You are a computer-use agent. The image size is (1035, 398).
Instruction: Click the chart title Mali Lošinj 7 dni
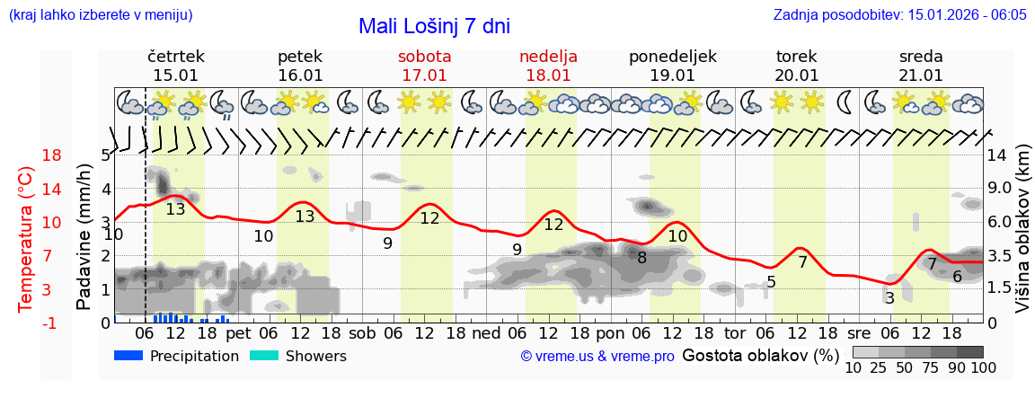point(434,26)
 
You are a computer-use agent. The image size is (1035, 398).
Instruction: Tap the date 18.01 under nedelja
point(548,75)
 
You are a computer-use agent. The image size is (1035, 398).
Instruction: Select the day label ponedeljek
point(672,57)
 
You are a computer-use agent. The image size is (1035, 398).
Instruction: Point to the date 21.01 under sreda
point(921,75)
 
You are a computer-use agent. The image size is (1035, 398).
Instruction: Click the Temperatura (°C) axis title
point(26,239)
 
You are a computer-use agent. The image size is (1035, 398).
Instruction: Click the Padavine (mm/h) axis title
point(84,237)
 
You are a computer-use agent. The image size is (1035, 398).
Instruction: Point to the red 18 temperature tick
point(27,155)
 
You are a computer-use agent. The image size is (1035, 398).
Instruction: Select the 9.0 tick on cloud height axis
point(1001,189)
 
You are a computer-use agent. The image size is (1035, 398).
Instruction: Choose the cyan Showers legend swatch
point(265,356)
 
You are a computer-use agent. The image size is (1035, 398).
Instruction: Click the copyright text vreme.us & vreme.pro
point(597,357)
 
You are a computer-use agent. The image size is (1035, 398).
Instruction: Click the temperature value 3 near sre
point(889,298)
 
